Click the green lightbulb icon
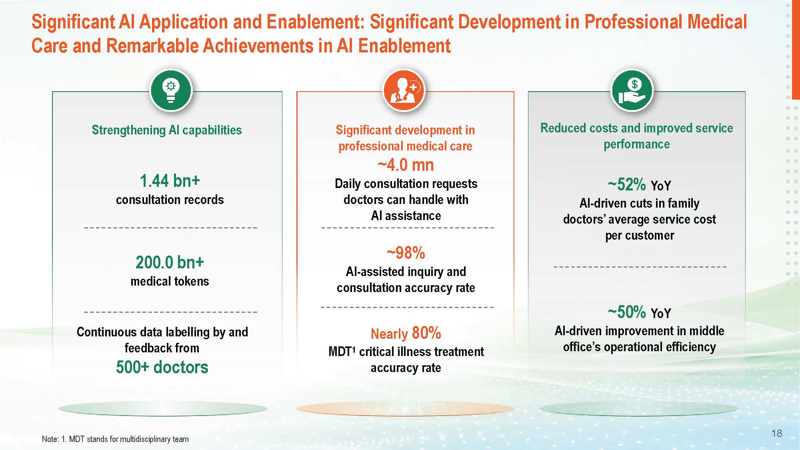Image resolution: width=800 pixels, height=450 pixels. pos(171,90)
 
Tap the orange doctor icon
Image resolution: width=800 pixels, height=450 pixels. pos(404,90)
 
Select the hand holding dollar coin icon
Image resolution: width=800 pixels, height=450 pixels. pos(632,90)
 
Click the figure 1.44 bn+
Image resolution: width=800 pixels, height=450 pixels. pos(170,181)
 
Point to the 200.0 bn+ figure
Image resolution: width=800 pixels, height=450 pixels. pos(170,262)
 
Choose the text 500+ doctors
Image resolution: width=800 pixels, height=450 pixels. pos(162,367)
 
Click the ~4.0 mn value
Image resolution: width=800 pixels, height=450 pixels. pos(406,165)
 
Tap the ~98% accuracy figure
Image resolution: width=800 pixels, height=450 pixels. pos(406,253)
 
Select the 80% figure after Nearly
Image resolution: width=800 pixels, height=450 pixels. pos(426,333)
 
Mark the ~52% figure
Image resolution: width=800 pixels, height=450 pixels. pos(626,184)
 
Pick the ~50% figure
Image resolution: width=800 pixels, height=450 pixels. pos(626,312)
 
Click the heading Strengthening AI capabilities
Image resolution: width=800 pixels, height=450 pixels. pos(167,130)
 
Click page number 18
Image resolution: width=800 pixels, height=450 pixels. pos(776,433)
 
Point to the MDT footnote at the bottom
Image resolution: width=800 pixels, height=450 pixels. pos(115,439)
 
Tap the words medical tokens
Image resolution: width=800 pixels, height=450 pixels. pos(170,281)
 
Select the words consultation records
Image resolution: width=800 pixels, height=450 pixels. pos(170,200)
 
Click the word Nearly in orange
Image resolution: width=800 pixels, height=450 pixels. pos(389,334)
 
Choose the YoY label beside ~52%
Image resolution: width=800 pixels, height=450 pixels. pos(661,186)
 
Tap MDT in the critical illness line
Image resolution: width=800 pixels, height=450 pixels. pos(340,352)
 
